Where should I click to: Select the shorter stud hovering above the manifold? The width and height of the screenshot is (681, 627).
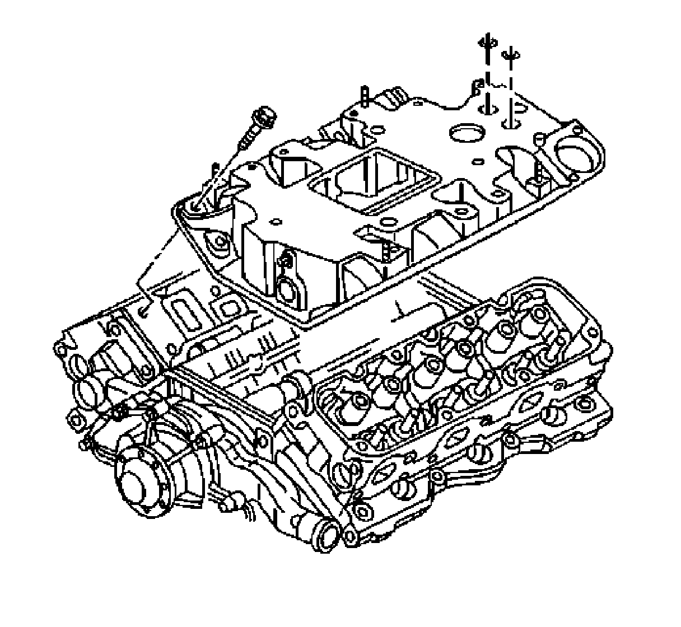tap(510, 56)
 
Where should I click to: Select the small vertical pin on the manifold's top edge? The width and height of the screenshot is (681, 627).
tap(364, 96)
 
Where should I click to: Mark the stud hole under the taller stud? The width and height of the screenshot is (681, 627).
tap(486, 108)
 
